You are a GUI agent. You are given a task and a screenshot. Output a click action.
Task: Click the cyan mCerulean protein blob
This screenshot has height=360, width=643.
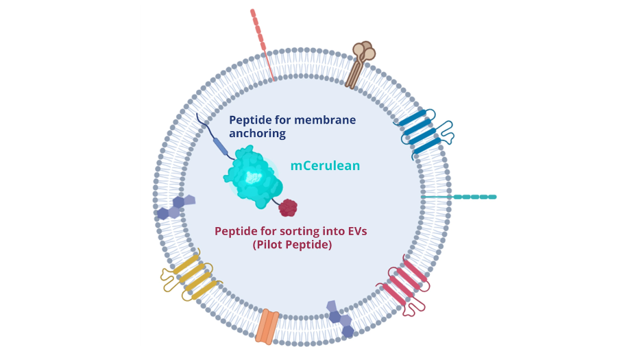click(x=252, y=177)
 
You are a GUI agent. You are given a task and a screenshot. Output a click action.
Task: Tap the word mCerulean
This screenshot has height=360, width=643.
click(x=325, y=165)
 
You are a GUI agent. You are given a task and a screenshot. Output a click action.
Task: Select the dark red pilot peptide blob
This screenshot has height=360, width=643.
click(x=288, y=207)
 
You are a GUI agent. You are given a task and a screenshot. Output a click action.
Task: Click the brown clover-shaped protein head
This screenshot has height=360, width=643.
click(x=364, y=52)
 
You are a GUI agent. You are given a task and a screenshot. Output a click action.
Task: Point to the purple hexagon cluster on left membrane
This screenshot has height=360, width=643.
click(x=175, y=206)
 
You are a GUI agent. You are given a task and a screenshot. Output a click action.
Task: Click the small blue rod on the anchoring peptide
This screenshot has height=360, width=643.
click(x=220, y=146)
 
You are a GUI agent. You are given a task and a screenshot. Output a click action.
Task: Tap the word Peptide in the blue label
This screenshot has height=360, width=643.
click(x=250, y=120)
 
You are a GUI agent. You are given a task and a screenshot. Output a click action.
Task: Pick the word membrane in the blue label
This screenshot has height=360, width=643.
click(x=325, y=120)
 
